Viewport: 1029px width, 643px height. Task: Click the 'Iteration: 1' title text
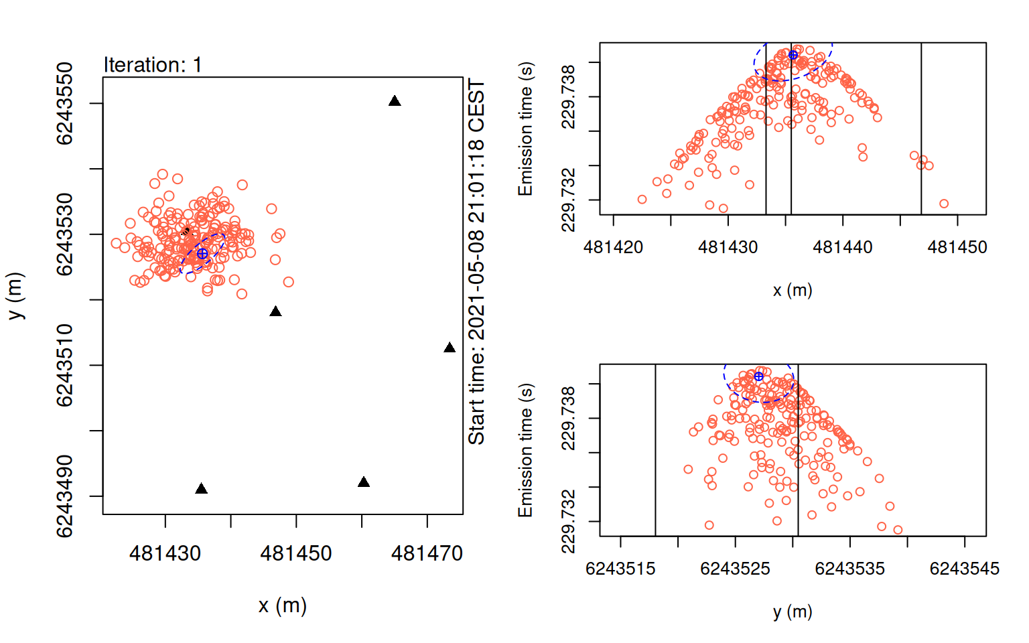tap(153, 65)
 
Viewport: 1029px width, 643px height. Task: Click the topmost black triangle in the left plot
tap(395, 101)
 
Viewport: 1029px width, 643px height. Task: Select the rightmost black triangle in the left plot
tap(450, 348)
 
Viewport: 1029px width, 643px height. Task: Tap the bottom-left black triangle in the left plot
tap(201, 489)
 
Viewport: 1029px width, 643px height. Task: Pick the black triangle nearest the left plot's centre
tap(275, 311)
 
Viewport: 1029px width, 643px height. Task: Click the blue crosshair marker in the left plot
tap(202, 254)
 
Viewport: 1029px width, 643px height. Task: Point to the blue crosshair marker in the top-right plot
tap(793, 55)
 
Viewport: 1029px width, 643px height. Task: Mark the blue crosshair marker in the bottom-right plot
tap(758, 376)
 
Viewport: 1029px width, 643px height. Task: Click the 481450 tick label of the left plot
tap(296, 553)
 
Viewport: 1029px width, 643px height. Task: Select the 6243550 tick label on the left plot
tap(64, 103)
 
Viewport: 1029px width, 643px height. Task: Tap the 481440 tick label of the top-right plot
tap(843, 247)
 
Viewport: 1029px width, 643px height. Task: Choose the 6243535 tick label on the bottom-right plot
tap(849, 569)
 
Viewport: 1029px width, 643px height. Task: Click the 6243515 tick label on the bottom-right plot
tap(620, 569)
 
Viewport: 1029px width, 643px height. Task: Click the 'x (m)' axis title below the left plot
tap(283, 605)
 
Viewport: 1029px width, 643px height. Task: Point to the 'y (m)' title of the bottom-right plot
tap(793, 612)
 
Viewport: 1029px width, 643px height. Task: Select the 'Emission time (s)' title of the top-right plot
tap(525, 129)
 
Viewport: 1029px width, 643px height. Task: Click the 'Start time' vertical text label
tap(476, 262)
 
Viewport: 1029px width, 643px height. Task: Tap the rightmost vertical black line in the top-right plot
tap(921, 127)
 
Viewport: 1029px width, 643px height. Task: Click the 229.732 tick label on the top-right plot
tap(567, 200)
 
